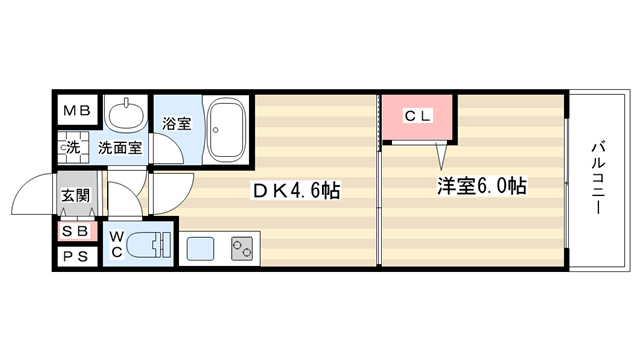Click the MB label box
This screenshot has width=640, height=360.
point(77,110)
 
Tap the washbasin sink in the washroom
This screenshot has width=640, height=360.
point(126,111)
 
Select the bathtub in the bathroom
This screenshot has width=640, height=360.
point(227,129)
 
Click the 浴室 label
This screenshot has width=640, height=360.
point(177,124)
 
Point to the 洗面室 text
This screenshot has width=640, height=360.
point(120,147)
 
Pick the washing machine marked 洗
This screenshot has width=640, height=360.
point(73,147)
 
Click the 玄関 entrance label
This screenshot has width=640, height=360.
point(76,196)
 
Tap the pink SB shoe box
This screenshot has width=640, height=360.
point(78,231)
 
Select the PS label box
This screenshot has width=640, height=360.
point(77,256)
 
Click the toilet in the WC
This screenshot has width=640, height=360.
point(148,245)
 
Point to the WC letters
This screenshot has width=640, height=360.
point(117,244)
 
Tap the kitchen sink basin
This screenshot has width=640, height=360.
point(200,249)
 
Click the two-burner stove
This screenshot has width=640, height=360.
point(242,249)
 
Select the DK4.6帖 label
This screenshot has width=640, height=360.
point(296,190)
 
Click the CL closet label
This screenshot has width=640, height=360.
point(417,116)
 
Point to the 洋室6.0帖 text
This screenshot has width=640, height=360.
point(482,186)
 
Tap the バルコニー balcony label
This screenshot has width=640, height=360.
point(598,178)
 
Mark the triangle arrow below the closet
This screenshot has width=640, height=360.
point(441,156)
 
